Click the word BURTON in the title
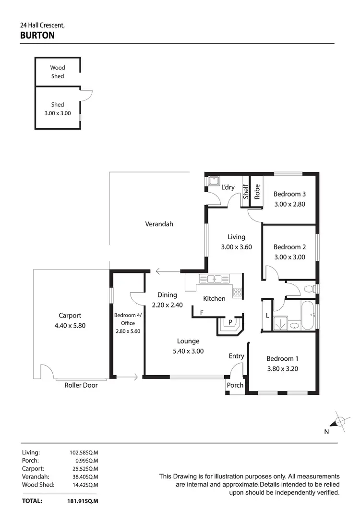click(37, 35)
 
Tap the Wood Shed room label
click(58, 72)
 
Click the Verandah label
click(159, 224)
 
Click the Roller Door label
click(81, 385)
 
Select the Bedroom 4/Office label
click(128, 319)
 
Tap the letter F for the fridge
click(202, 313)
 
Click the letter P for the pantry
click(230, 322)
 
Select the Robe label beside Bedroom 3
click(257, 192)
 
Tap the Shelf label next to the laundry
click(245, 192)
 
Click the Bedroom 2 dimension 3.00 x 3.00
click(289, 257)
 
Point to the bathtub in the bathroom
click(308, 316)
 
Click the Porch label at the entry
click(235, 385)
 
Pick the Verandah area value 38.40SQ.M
click(84, 477)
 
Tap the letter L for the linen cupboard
click(267, 315)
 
